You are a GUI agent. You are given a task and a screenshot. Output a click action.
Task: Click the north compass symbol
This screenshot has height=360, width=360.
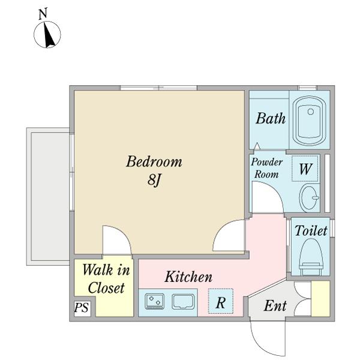pyautogui.click(x=47, y=34)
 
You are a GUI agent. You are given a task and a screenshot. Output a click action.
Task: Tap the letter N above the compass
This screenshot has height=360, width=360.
pyautogui.click(x=43, y=14)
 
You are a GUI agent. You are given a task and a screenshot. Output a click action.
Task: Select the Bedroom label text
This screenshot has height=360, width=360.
pyautogui.click(x=154, y=161)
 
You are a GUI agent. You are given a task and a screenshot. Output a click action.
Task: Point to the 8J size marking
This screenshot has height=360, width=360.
pyautogui.click(x=154, y=179)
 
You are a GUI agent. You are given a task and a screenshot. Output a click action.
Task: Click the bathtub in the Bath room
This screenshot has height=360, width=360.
pyautogui.click(x=310, y=121)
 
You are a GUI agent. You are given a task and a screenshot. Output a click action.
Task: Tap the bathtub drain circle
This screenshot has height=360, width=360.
pyautogui.click(x=311, y=112)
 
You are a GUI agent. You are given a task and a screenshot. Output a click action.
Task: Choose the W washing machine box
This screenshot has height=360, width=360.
pyautogui.click(x=305, y=169)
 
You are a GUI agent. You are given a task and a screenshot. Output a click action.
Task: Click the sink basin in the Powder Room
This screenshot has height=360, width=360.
pyautogui.click(x=310, y=197)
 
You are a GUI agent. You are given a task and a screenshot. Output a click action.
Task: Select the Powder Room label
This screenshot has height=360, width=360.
pyautogui.click(x=266, y=168)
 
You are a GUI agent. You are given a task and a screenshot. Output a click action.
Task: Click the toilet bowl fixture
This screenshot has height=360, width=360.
pyautogui.click(x=311, y=257)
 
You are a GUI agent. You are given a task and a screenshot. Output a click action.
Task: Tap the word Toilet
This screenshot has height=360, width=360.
pyautogui.click(x=311, y=230)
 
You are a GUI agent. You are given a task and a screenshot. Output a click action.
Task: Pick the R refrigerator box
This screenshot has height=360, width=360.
pyautogui.click(x=221, y=301)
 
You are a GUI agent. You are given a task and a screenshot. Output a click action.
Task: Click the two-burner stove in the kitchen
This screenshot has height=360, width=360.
pyautogui.click(x=154, y=301)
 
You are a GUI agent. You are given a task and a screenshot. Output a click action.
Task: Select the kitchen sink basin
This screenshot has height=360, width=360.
pyautogui.click(x=183, y=301)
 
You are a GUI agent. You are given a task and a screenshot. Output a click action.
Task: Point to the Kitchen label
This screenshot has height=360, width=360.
pyautogui.click(x=188, y=277)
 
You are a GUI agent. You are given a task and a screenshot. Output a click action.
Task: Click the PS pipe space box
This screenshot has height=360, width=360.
pyautogui.click(x=82, y=308)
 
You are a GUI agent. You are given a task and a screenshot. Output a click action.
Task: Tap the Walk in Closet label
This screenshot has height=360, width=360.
pyautogui.click(x=106, y=279)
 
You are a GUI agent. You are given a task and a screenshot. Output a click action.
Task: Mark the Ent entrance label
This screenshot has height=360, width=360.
pyautogui.click(x=275, y=305)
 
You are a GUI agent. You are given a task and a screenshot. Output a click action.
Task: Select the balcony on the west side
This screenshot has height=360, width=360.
pyautogui.click(x=48, y=197)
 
